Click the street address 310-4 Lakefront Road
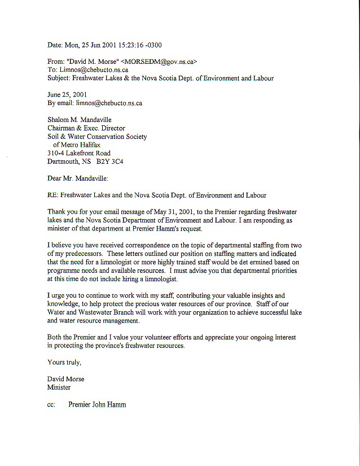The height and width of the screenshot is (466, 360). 79,153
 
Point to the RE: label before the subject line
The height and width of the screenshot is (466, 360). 54,195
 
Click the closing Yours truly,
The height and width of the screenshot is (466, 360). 64,362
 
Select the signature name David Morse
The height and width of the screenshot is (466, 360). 66,379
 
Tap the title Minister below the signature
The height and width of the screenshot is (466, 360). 59,387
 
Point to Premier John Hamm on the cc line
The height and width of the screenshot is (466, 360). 97,404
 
